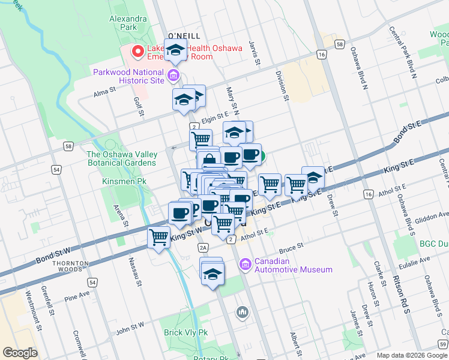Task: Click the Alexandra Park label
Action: coord(128,23)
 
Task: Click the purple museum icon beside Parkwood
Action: coord(174,75)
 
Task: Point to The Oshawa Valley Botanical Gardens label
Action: coord(121,158)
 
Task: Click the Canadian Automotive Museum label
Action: coord(293,265)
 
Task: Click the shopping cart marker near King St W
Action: coord(159,237)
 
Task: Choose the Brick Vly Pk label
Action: coord(186,332)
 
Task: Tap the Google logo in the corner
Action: coord(20,353)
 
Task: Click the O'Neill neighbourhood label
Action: coord(184,36)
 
